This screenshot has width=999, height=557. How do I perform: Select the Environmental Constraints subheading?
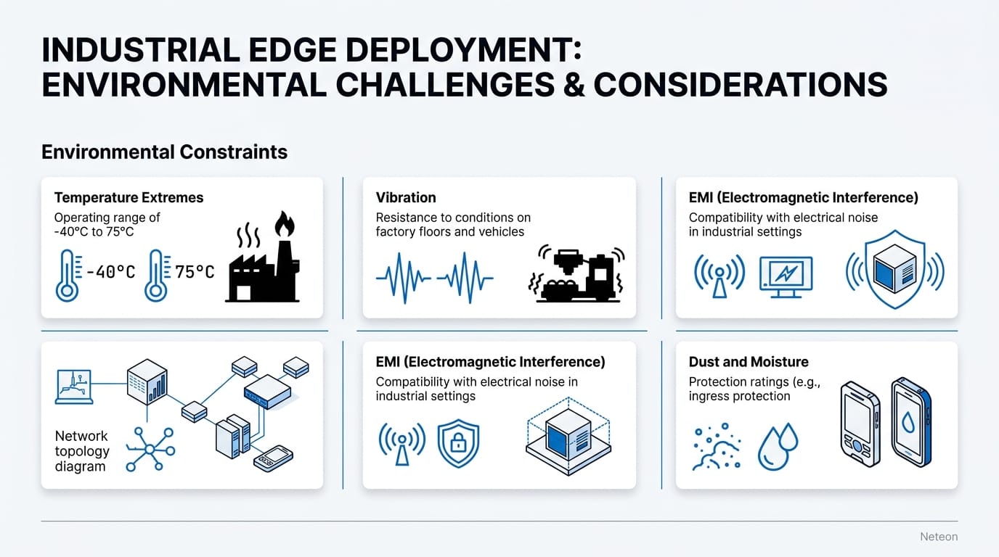point(164,152)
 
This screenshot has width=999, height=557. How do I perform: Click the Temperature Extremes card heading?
point(129,197)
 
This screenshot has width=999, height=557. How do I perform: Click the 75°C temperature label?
point(194,272)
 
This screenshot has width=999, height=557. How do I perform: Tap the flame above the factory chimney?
point(284,225)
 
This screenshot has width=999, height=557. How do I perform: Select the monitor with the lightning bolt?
point(786,276)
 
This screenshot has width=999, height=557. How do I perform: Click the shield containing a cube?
point(894,269)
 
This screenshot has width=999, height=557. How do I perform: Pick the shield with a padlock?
point(458,444)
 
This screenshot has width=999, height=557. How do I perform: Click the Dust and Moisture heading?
point(749,362)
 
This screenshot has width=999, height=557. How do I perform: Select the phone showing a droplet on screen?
point(911,422)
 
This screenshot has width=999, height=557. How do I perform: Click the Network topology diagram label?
point(82,450)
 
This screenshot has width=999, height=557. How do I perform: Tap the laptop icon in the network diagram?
point(74,386)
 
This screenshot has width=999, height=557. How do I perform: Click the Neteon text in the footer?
point(939,537)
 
